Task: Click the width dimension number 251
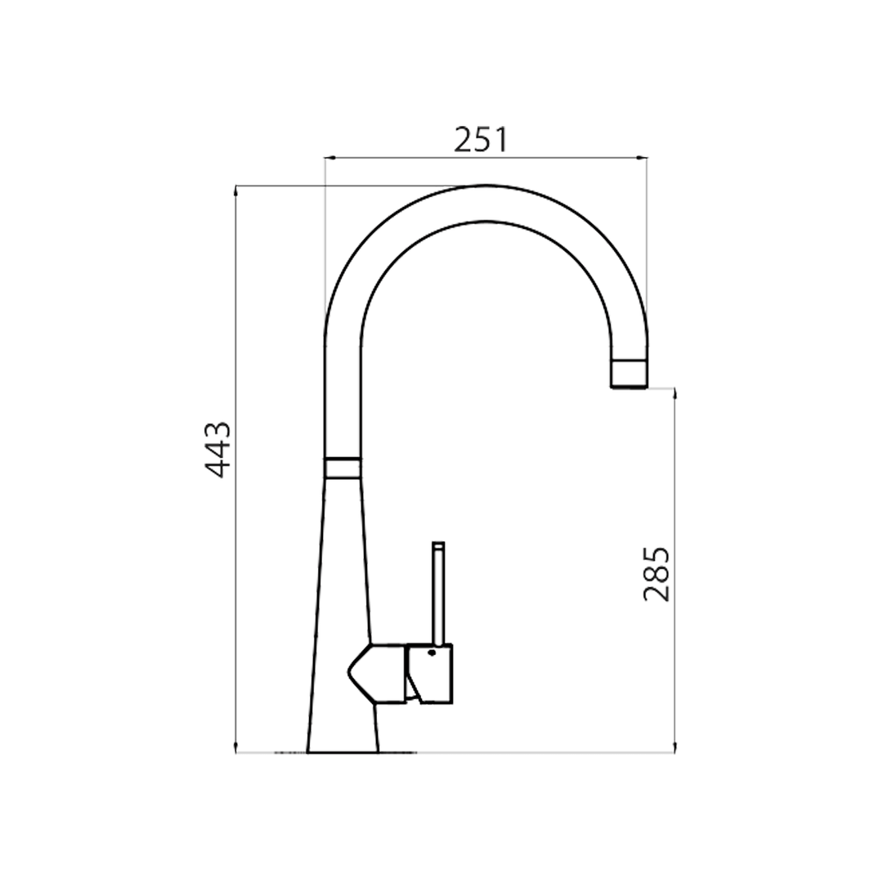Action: point(481,140)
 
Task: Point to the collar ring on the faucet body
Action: point(342,467)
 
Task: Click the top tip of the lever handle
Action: point(439,544)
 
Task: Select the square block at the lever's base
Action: point(430,672)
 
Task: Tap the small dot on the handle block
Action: point(431,652)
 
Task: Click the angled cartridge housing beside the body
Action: point(377,672)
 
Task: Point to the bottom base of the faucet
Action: point(343,748)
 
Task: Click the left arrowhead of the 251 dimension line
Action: point(328,157)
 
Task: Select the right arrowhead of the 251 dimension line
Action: point(644,157)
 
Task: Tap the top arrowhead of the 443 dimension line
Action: point(235,190)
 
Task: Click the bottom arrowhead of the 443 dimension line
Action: point(235,749)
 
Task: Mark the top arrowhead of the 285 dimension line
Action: point(675,392)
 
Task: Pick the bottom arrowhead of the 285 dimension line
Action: point(675,749)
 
